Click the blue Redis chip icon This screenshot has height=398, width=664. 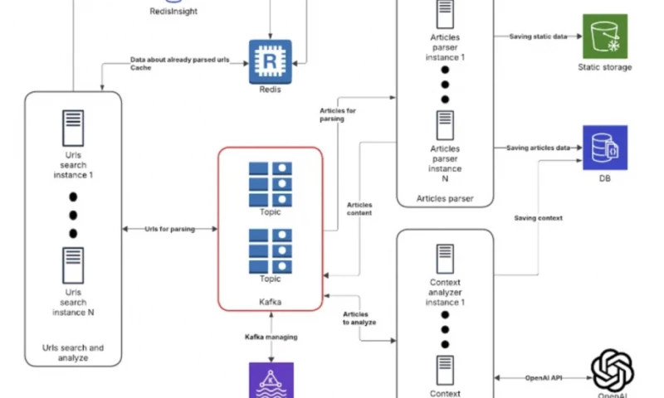coord(271,61)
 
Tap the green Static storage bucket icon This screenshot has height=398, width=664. coord(604,36)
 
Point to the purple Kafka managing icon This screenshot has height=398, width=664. coord(271,381)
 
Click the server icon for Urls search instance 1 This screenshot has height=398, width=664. coord(72,129)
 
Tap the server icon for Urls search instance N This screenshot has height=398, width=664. coord(72,265)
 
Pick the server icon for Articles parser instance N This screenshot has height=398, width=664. coord(445,124)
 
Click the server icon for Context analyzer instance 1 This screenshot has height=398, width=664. coord(445,260)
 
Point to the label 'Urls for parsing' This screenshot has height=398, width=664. coord(169,229)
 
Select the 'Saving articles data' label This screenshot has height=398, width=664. coord(538,148)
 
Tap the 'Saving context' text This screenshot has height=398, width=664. coord(538,218)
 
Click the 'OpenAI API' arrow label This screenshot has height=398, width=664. coord(543,378)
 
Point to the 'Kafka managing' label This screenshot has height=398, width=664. coord(271,337)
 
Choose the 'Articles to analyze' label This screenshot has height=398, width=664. coord(359,317)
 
